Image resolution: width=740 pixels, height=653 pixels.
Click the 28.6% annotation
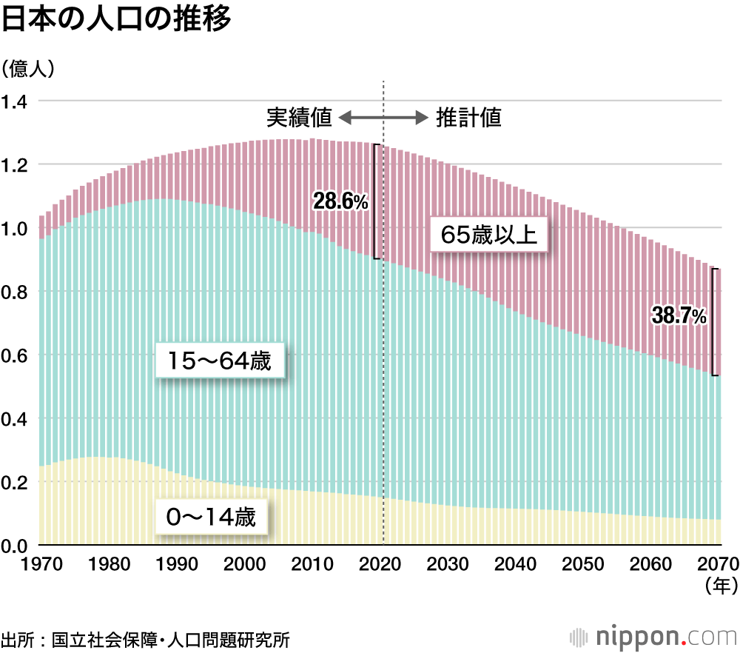(x=340, y=201)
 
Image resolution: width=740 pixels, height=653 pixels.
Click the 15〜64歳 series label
(x=219, y=362)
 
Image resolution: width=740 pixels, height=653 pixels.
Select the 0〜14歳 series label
(x=210, y=518)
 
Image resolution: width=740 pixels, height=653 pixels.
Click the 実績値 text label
(x=299, y=118)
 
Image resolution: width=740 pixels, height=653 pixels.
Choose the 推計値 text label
(x=468, y=118)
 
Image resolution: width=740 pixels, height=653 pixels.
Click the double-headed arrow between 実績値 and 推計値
(x=383, y=118)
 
